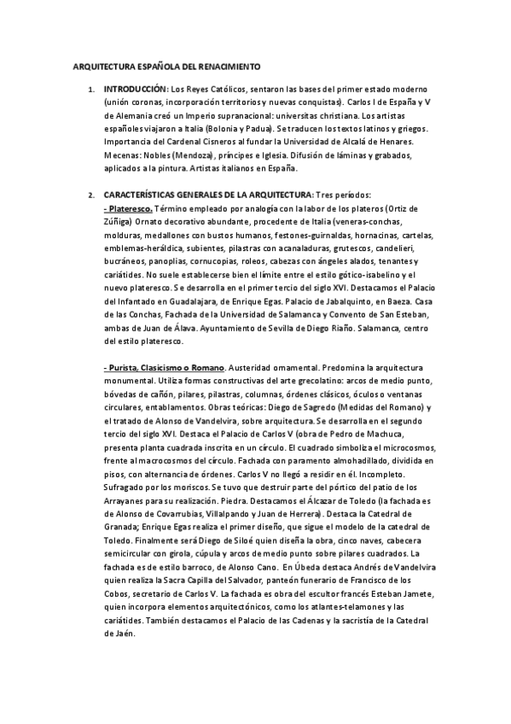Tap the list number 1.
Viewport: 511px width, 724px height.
click(x=91, y=89)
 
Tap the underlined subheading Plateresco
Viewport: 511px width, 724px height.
click(x=131, y=207)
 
